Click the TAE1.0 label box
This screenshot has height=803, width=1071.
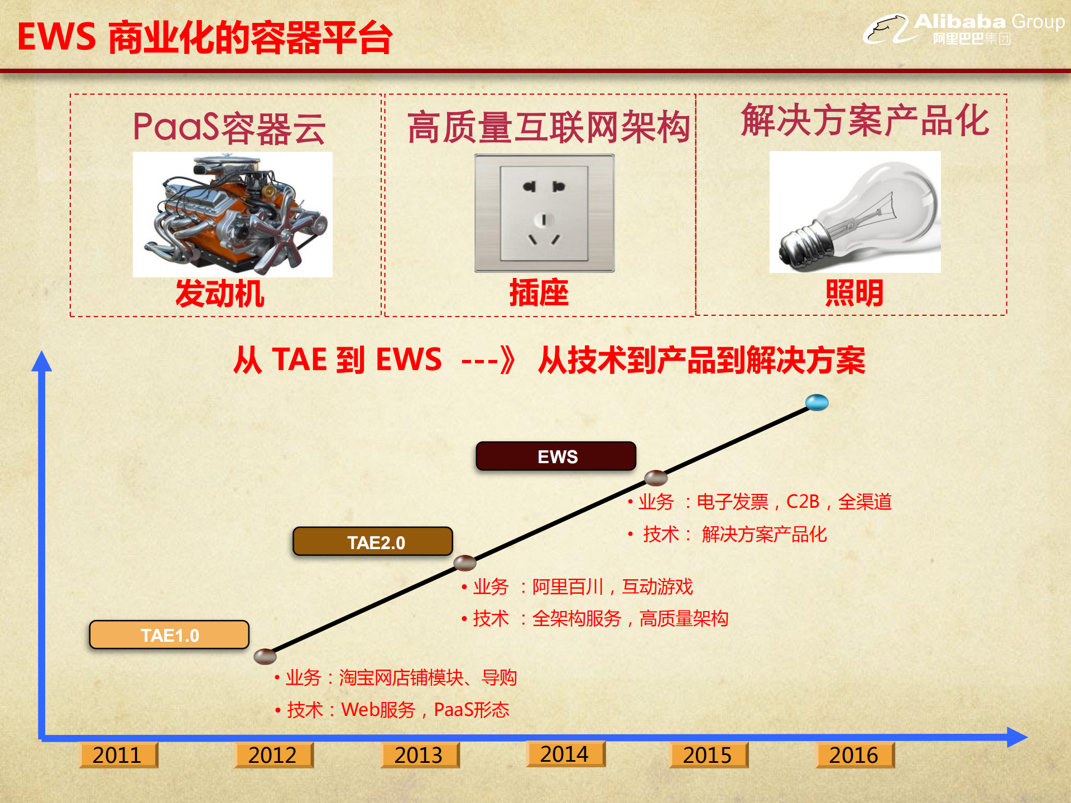point(169,634)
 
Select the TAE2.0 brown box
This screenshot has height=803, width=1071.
point(373,541)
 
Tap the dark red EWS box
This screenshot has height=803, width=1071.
point(556,456)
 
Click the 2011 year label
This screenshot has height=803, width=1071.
point(118,755)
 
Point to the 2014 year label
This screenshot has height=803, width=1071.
point(565,754)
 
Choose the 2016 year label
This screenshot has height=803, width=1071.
point(854,755)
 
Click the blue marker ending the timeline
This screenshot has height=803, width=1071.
point(817,402)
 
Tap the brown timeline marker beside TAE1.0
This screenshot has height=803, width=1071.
point(265,656)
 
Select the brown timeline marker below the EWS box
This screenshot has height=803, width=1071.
point(656,478)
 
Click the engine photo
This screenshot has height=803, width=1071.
point(232,214)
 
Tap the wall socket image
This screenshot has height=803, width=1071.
point(544,213)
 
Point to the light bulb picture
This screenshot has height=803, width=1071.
point(854,212)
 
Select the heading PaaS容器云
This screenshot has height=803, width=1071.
point(229,128)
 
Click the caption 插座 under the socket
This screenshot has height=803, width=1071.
point(539,293)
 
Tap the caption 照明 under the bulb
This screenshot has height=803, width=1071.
point(854,293)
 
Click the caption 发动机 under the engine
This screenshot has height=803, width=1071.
point(220,294)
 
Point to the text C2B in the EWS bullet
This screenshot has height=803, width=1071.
point(803,502)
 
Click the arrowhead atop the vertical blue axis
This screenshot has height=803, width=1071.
point(41,361)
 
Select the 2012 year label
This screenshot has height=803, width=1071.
point(273,755)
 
